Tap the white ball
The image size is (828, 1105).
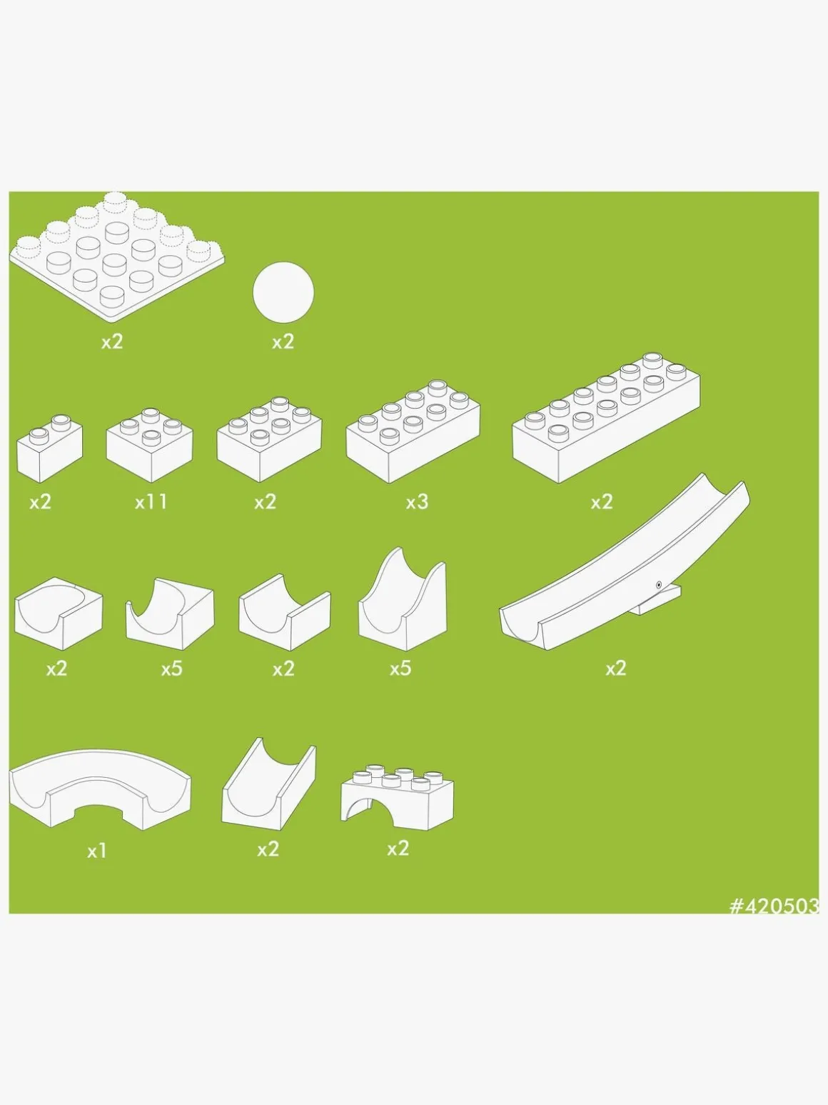[x=283, y=292]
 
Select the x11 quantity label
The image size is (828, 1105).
[x=151, y=502]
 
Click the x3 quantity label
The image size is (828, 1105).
[x=417, y=502]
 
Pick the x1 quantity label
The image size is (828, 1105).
[x=96, y=851]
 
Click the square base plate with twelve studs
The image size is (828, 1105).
[x=116, y=256]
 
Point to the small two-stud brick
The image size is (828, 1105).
[x=49, y=448]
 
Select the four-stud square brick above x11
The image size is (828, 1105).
[x=149, y=445]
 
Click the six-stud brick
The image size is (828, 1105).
[x=269, y=439]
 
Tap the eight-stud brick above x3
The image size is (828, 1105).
[x=413, y=431]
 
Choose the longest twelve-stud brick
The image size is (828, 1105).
[x=606, y=418]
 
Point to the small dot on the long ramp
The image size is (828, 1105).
[x=659, y=584]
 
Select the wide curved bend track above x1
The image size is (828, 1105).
[x=100, y=788]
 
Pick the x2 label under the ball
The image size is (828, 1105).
[x=283, y=342]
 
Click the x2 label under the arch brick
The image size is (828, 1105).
[x=398, y=849]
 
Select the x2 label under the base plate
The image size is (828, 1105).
[x=111, y=342]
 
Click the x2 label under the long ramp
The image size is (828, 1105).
[x=616, y=669]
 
